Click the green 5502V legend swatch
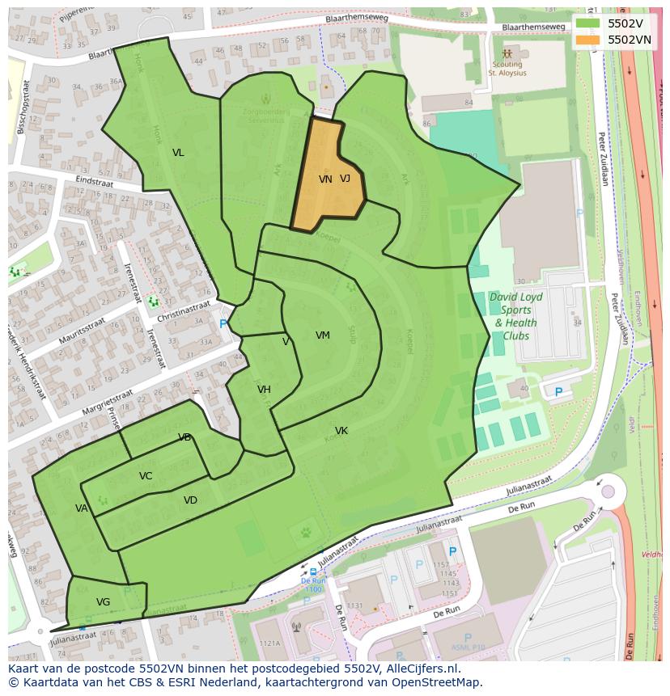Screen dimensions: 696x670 pos(588,23)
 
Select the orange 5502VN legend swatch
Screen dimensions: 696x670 pos(588,40)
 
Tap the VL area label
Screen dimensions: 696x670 pos(178,153)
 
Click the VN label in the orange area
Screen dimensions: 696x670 pos(325,179)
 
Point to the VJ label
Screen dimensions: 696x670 pos(346,179)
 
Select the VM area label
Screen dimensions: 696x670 pos(323,335)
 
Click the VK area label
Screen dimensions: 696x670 pos(341,431)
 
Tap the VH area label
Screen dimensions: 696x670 pos(264,390)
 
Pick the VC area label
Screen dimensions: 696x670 pos(146,476)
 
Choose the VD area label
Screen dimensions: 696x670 pos(190,500)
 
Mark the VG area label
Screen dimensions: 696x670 pos(103,602)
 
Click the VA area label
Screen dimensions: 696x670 pos(81,508)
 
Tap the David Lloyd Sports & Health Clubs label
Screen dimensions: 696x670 pos(515,316)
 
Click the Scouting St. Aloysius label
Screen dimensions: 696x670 pos(507,69)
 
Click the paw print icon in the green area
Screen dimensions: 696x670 pos(307,533)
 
